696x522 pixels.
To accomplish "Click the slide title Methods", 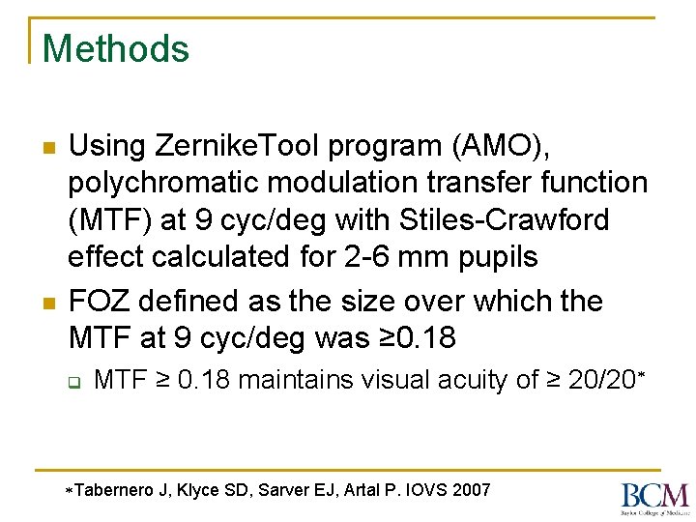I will pyautogui.click(x=116, y=48).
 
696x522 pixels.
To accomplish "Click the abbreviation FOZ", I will pyautogui.click(x=100, y=302).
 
